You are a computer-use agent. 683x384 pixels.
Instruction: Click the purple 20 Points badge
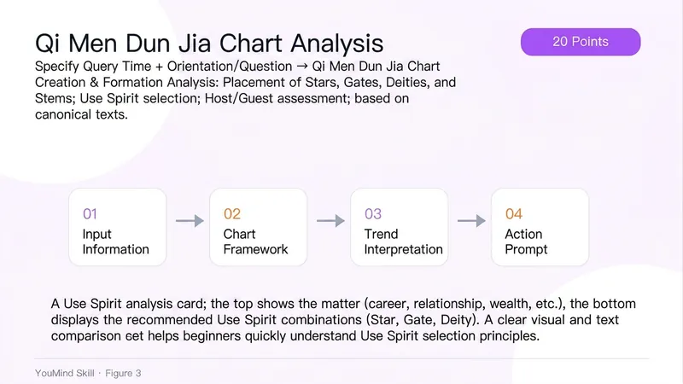[x=581, y=42]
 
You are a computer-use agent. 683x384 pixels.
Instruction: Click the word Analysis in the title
[x=336, y=44]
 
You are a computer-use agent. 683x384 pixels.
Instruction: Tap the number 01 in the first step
[x=90, y=214]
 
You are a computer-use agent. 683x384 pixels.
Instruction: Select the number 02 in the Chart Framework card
[x=231, y=214]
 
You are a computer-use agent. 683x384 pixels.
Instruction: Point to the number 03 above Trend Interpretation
[x=373, y=214]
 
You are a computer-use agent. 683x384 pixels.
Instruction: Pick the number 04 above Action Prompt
[x=514, y=214]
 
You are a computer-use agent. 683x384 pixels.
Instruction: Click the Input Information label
[x=115, y=241]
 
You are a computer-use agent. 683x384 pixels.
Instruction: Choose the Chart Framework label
[x=255, y=241]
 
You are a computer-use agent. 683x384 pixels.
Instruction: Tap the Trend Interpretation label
[x=403, y=241]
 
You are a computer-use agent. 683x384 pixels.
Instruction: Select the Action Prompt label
[x=526, y=241]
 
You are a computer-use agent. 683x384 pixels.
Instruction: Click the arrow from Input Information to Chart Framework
[x=190, y=221]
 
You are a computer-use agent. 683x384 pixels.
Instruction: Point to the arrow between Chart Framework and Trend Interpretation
[x=330, y=221]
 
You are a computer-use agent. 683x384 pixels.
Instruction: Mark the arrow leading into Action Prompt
[x=471, y=221]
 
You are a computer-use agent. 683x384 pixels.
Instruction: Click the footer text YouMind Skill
[x=65, y=373]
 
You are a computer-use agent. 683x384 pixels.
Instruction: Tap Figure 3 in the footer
[x=123, y=373]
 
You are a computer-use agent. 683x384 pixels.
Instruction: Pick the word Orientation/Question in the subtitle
[x=230, y=67]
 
